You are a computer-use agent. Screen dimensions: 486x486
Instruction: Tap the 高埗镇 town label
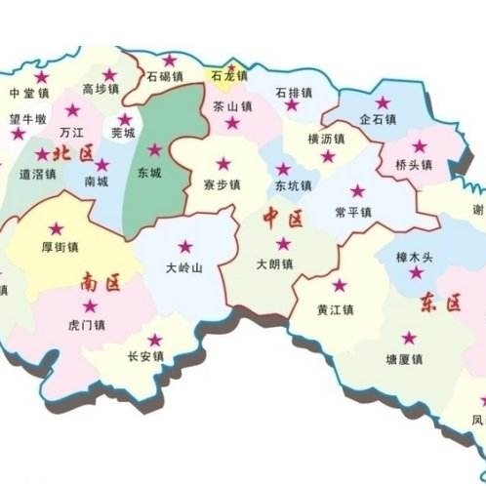coord(101,90)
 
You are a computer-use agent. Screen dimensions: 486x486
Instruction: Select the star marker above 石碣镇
coord(170,61)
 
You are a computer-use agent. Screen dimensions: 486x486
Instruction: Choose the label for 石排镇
coord(294,92)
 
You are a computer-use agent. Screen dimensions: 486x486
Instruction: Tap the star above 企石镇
coord(382,102)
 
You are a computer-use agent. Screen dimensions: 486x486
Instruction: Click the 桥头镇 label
coord(415,165)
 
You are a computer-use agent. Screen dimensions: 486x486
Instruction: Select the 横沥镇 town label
coord(327,139)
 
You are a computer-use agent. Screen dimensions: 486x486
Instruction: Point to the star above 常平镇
coord(356,191)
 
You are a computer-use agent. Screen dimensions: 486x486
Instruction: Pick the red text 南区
coord(101,284)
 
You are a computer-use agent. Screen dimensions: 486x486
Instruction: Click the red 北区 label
coord(74,153)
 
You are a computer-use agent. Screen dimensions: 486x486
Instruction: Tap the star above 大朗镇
coord(283,244)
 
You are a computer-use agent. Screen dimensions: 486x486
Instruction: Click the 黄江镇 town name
coord(335,309)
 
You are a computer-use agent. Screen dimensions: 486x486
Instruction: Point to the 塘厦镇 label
coord(404,359)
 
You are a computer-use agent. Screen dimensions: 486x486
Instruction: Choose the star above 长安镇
coord(155,340)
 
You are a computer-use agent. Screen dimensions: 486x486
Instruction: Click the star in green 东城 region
coord(154,150)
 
